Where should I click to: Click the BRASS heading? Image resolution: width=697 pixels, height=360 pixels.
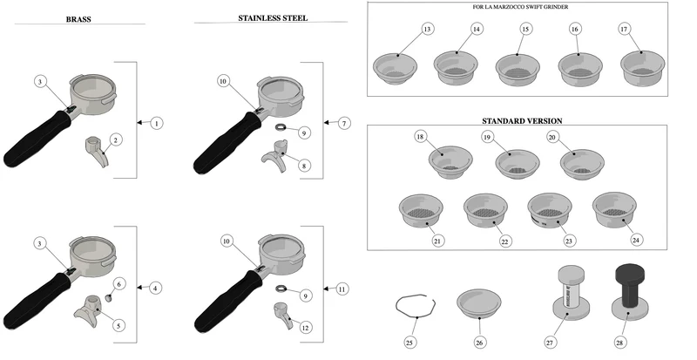(x=78, y=19)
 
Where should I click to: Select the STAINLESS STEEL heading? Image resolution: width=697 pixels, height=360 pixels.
(x=273, y=18)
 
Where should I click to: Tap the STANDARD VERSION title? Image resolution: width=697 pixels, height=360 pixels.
(x=522, y=121)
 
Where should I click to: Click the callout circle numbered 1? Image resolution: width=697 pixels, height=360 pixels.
(x=157, y=123)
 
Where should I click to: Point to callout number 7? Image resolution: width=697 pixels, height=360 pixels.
(x=344, y=123)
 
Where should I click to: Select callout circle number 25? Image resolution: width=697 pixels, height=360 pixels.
(x=409, y=343)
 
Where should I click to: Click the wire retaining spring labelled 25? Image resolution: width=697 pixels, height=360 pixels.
(x=416, y=307)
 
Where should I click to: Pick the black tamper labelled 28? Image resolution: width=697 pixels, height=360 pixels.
(x=629, y=291)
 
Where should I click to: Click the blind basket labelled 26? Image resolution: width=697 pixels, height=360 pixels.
(x=478, y=303)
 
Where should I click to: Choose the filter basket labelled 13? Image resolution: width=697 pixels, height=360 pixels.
(x=395, y=69)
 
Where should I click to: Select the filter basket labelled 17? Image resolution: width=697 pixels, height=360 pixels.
(x=642, y=68)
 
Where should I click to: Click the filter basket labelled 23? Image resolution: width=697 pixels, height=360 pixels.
(x=550, y=210)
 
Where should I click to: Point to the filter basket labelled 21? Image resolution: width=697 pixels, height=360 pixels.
(x=421, y=210)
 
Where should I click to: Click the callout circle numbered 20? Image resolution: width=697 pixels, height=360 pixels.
(x=552, y=138)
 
